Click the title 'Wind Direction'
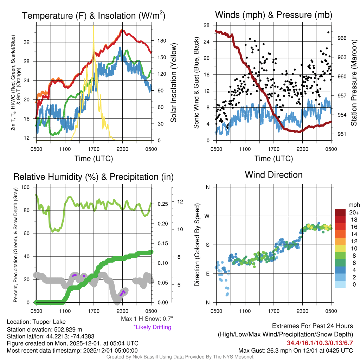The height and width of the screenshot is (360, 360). pos(274,175)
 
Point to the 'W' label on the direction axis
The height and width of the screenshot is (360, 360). pos(208,216)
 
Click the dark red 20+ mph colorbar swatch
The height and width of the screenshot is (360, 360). pos(341,212)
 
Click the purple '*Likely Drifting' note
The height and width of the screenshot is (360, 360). pos(152,327)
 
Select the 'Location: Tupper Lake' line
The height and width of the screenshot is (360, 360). pos(36,322)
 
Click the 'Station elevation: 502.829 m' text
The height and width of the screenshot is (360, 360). pos(44,329)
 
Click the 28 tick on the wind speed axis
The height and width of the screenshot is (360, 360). pos(207,25)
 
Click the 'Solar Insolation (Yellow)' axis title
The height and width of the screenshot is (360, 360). pos(173,83)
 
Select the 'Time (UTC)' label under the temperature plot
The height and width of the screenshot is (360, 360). pos(94,159)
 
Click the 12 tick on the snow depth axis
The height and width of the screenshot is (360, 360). pos(181,202)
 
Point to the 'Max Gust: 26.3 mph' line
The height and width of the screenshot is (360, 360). pos(295,351)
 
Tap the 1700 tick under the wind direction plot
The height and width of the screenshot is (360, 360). pos(274,311)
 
